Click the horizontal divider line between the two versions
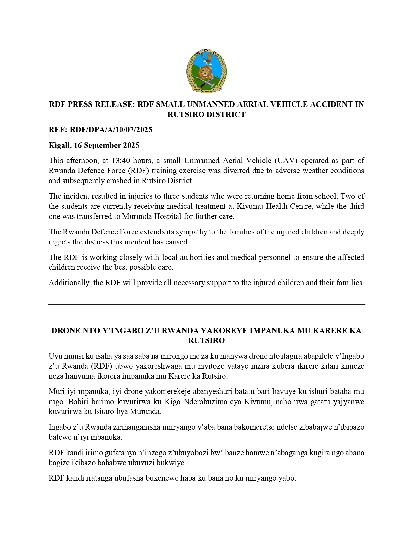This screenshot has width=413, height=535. point(206,304)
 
